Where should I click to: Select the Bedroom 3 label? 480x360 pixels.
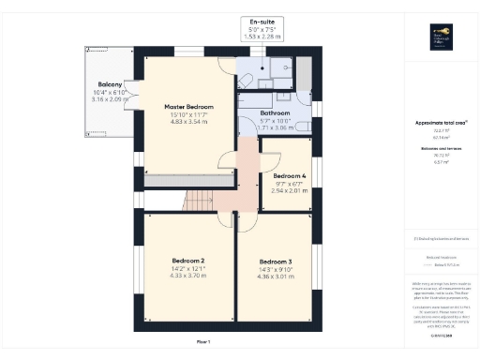(276, 261)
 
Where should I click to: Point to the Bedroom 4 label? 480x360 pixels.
(290, 175)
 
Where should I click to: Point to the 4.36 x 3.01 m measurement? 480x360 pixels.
(276, 276)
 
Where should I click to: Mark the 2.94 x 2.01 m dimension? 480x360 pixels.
(290, 190)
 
